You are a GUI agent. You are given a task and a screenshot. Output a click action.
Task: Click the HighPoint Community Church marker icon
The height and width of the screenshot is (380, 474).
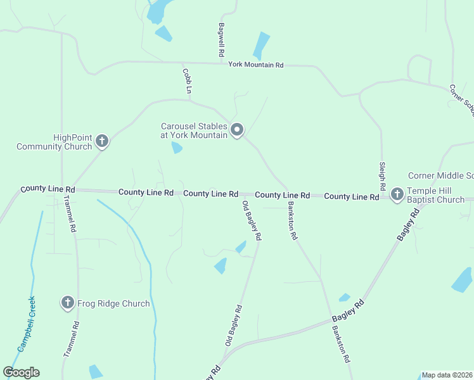pos(101,141)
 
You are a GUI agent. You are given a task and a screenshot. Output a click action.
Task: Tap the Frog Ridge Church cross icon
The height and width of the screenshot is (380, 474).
pos(68,303)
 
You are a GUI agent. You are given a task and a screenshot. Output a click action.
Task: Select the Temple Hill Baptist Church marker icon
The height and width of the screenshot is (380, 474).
pos(397,194)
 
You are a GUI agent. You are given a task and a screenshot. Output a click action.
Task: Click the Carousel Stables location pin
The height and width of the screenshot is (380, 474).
pos(237,130)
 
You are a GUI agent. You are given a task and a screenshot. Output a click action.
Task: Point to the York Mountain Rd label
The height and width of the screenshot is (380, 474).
pos(256,65)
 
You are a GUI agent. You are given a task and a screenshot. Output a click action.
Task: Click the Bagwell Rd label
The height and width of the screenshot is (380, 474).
pos(222,41)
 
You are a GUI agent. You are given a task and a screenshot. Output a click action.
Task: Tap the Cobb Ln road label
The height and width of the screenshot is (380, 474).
pos(187,81)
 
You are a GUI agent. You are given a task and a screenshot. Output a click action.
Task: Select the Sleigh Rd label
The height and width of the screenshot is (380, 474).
pos(382,175)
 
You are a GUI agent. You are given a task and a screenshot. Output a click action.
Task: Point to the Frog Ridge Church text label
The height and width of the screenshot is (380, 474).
pos(114,303)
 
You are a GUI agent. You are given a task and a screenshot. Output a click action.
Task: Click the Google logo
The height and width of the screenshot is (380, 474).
pos(21,372)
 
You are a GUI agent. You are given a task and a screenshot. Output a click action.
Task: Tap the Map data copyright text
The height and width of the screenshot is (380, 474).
pos(447,375)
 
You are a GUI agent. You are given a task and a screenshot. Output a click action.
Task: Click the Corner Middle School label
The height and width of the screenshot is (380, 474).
pos(441,175)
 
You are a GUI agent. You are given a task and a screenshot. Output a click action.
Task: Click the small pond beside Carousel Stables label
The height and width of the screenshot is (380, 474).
pos(177,148)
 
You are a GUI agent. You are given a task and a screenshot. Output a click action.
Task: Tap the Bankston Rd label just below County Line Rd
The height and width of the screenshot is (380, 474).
pos(292,221)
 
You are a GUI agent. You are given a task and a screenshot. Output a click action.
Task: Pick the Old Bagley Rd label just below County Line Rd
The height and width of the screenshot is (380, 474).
pos(252,220)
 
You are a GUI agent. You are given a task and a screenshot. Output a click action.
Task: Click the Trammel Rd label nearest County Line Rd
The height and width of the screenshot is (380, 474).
pos(70,213)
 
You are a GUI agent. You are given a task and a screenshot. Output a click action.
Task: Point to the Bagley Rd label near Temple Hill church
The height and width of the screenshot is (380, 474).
pos(409,225)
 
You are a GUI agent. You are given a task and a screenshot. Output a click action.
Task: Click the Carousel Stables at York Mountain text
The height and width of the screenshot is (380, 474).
pos(193,130)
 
